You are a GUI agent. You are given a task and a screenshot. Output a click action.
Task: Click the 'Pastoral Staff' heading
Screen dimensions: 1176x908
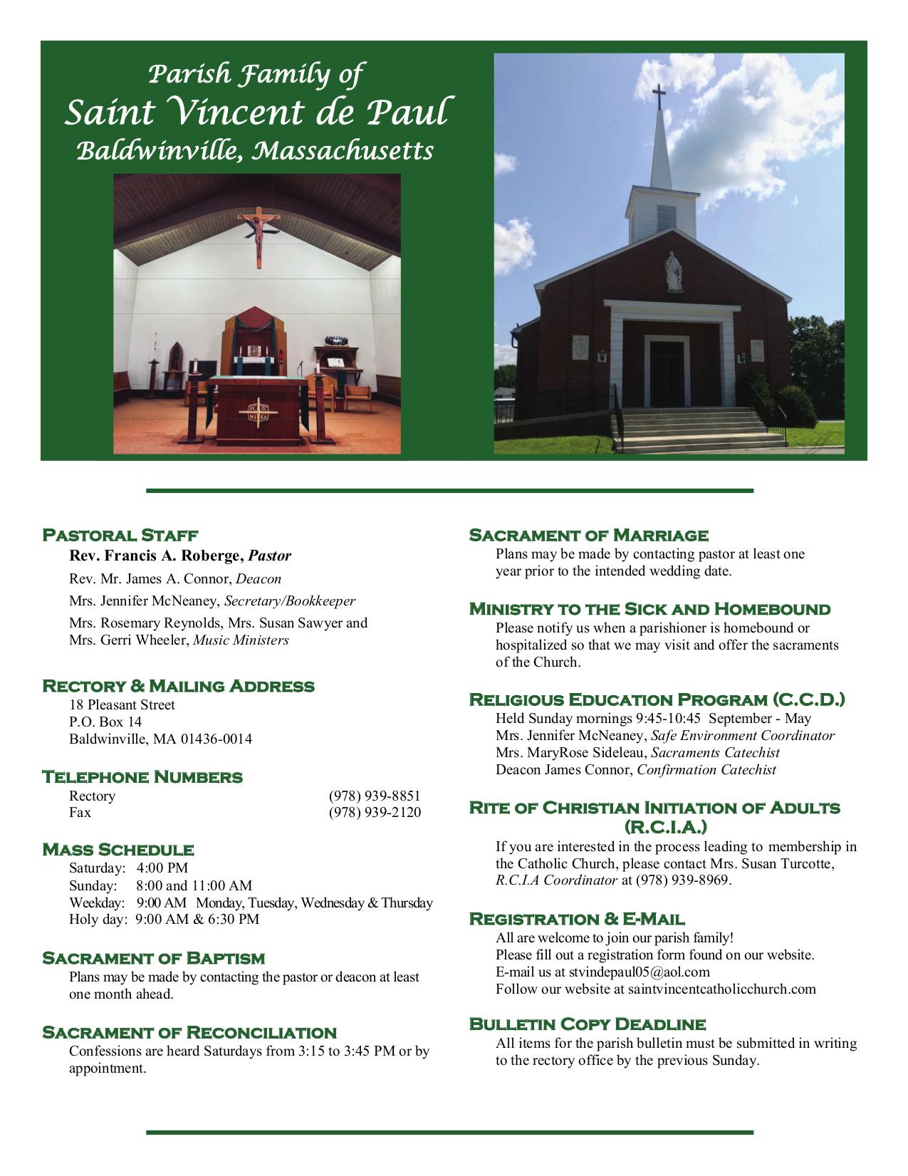[x=120, y=535]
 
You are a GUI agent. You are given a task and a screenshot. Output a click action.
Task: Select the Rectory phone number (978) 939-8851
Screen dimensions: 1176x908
[x=375, y=796]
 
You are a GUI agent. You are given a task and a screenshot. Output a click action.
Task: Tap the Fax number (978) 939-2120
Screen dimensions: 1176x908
[x=375, y=813]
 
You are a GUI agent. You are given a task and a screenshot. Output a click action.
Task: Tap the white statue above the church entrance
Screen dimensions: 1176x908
[x=672, y=271]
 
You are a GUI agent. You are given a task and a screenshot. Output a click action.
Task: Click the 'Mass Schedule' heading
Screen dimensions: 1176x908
[x=118, y=850]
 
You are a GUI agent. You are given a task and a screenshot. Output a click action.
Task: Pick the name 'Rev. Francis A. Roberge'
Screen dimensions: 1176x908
[x=156, y=556]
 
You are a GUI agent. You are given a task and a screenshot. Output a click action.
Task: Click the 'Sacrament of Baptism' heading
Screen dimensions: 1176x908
[x=153, y=958]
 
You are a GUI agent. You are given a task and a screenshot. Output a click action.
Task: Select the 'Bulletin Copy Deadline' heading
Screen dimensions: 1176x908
[x=588, y=1024]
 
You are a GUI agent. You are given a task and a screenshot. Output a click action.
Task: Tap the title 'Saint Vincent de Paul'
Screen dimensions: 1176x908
[x=256, y=113]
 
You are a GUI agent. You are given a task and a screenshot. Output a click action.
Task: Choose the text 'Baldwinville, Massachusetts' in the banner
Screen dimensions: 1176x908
[x=254, y=151]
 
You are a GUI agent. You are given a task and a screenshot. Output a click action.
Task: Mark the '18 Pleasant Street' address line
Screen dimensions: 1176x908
[x=122, y=705]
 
